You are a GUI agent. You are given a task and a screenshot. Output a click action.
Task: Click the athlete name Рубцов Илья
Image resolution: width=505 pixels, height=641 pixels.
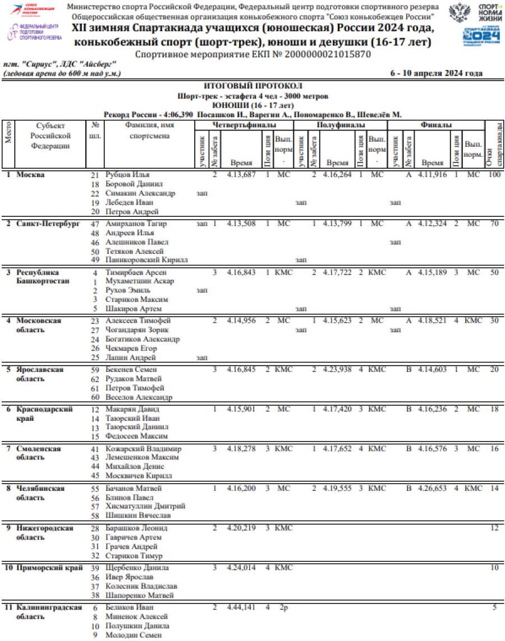click(x=127, y=175)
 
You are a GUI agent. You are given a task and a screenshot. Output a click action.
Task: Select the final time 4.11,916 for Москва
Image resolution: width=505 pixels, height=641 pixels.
click(x=432, y=175)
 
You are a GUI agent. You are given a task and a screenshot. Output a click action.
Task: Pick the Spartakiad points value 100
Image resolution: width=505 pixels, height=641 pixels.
click(x=493, y=175)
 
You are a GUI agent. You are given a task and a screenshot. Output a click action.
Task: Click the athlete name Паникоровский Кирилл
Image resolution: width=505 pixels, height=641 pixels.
click(x=146, y=261)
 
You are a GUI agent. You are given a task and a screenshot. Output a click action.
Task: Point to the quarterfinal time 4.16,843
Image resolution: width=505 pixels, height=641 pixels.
click(x=241, y=272)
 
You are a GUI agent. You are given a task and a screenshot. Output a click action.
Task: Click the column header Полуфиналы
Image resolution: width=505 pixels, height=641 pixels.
click(x=341, y=125)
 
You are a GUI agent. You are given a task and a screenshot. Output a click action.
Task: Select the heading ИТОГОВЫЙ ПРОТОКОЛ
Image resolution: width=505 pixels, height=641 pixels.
click(x=252, y=86)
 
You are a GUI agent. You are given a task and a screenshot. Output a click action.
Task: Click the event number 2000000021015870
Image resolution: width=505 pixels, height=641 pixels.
click(x=328, y=55)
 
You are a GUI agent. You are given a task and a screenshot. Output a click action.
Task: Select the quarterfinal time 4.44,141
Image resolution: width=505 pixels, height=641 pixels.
click(x=241, y=607)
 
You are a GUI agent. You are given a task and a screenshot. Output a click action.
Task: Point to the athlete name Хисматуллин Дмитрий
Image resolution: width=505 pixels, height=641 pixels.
click(x=145, y=507)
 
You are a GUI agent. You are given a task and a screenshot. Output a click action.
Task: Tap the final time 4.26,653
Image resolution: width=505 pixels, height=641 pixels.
click(x=432, y=489)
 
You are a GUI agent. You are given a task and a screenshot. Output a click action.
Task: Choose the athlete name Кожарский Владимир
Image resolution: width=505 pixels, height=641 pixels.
click(x=144, y=449)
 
